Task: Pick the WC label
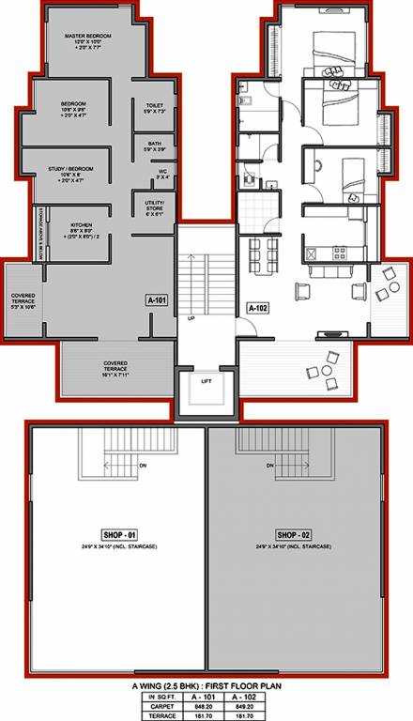click(161, 171)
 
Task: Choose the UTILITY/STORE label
click(155, 205)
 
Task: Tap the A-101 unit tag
click(157, 299)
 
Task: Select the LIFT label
click(206, 380)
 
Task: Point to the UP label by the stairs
click(191, 319)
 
